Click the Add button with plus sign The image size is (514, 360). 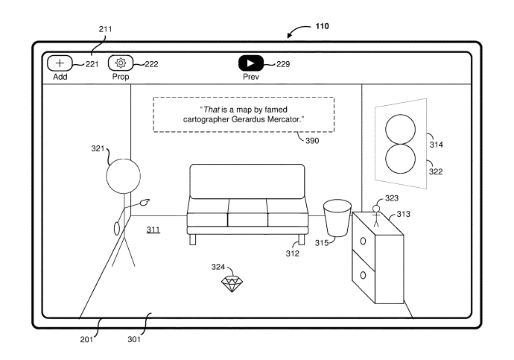click(x=60, y=63)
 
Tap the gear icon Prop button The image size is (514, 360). click(x=120, y=63)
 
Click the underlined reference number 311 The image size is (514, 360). click(x=153, y=230)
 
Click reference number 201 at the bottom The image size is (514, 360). click(x=89, y=337)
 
